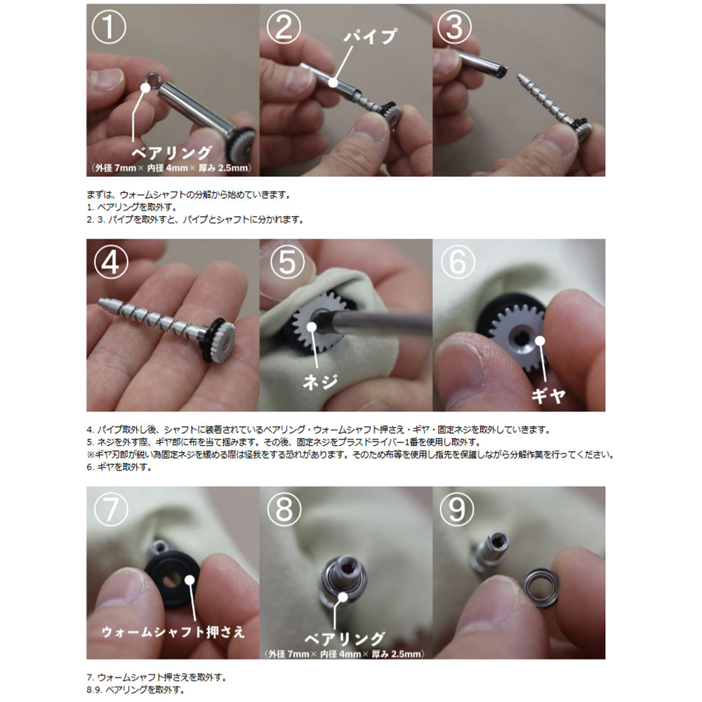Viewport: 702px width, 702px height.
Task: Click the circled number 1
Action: (x=109, y=27)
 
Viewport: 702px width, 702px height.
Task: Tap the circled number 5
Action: (x=287, y=262)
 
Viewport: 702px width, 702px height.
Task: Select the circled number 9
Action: (x=456, y=509)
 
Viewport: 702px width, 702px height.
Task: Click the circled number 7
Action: (x=111, y=509)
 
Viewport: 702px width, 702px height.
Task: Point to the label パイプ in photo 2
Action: (x=370, y=36)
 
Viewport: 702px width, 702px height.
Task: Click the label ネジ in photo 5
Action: (x=319, y=382)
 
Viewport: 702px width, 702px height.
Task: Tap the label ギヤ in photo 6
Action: (x=548, y=395)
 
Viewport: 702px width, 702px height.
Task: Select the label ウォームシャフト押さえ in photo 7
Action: (x=173, y=632)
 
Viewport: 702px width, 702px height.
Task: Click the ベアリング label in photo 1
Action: (x=171, y=152)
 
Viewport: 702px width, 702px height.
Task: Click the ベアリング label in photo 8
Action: (x=344, y=638)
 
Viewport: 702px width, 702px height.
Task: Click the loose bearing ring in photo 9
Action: (x=539, y=585)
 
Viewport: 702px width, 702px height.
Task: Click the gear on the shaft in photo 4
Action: (x=223, y=338)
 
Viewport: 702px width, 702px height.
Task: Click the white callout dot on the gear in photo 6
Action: (x=540, y=341)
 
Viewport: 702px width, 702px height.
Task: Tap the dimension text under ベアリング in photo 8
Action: (x=344, y=654)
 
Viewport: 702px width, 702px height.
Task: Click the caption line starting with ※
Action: (x=350, y=454)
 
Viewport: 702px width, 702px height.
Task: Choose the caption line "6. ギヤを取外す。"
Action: (x=119, y=467)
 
